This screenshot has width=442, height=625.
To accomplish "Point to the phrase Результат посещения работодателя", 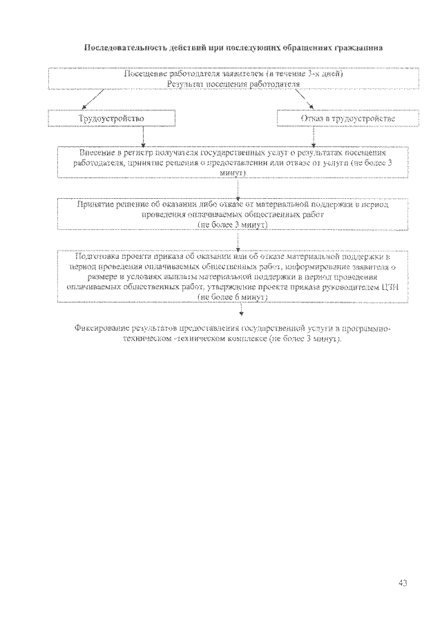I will pyautogui.click(x=233, y=83).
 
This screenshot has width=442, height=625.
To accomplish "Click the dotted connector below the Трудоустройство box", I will pyautogui.click(x=143, y=135).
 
